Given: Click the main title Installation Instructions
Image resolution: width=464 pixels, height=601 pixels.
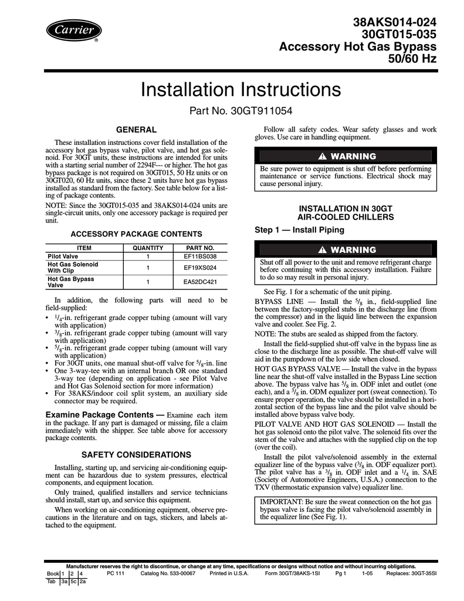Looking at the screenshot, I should point(241,90).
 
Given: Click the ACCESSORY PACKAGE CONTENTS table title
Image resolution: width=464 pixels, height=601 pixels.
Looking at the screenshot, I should point(136,233).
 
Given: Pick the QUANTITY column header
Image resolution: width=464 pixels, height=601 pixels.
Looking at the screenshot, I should point(148,248).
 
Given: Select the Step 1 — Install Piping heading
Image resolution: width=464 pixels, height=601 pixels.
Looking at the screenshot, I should point(299,229).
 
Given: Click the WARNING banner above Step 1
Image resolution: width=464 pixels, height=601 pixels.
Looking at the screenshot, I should point(346,156).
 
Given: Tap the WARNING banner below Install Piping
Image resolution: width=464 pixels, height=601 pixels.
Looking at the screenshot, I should point(346,249).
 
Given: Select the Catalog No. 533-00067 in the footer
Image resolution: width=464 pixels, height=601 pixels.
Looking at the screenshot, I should point(168,573).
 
